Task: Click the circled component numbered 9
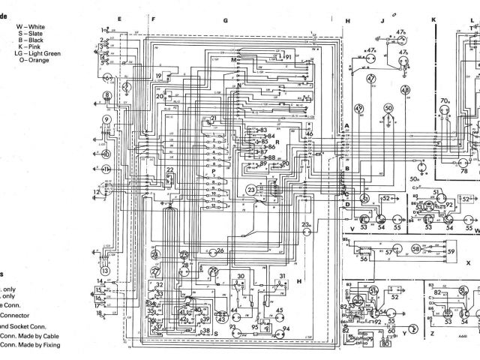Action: [106, 119]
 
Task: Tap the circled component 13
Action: [106, 270]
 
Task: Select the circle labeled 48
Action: [405, 90]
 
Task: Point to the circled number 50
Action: [388, 109]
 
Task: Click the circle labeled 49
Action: [359, 109]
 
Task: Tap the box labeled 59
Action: [451, 247]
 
